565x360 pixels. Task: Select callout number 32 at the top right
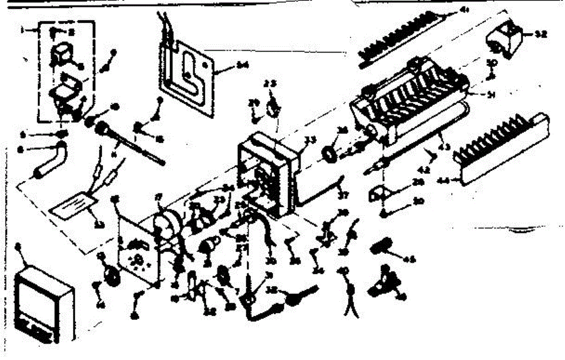tap(541, 34)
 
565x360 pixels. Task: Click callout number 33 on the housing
tap(309, 139)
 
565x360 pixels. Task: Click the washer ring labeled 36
tap(330, 153)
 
